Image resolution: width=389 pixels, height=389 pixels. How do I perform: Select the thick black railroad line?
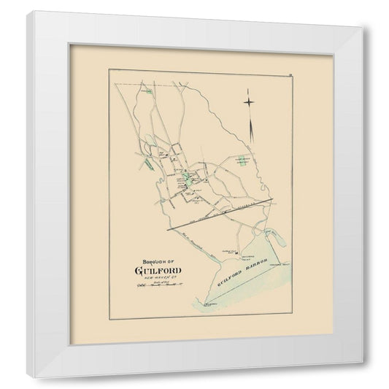click(x=219, y=215)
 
